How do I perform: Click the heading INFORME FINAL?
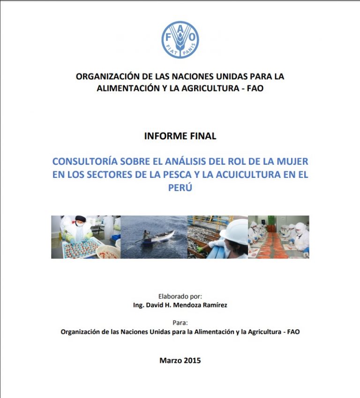180,136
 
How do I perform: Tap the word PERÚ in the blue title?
180,187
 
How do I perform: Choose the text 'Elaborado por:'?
180,296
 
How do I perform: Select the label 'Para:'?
180,322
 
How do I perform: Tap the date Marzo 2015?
180,360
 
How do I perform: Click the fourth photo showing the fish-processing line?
278,237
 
